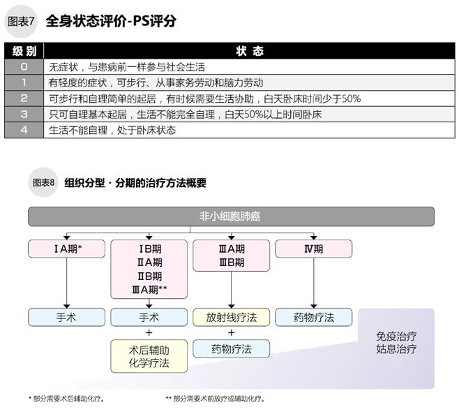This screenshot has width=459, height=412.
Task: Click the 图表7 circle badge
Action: (22, 20)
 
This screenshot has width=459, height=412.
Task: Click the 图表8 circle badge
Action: (44, 183)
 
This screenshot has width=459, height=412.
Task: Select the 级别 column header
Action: (24, 52)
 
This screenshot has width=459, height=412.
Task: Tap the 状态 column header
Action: (249, 52)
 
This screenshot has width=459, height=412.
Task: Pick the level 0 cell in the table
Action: (24, 67)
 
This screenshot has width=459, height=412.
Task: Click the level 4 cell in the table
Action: (24, 130)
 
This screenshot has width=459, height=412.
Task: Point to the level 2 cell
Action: (24, 98)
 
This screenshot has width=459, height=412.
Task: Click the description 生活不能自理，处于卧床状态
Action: (112, 130)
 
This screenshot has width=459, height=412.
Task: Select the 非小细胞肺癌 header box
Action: (230, 216)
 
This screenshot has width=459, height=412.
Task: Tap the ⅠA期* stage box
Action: (66, 249)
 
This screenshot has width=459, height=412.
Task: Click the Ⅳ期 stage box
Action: (314, 249)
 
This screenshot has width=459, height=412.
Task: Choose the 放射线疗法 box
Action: (231, 317)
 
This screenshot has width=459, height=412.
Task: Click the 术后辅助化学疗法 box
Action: (149, 356)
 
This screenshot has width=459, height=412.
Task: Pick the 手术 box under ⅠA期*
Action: (66, 317)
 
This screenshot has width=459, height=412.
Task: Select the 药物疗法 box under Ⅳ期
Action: (314, 317)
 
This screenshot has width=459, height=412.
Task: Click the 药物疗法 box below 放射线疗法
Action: (231, 349)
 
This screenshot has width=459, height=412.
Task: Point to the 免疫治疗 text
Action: (396, 334)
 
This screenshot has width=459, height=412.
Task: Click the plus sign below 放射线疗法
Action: (231, 333)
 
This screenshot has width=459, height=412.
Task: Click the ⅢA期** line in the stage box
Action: (149, 290)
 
